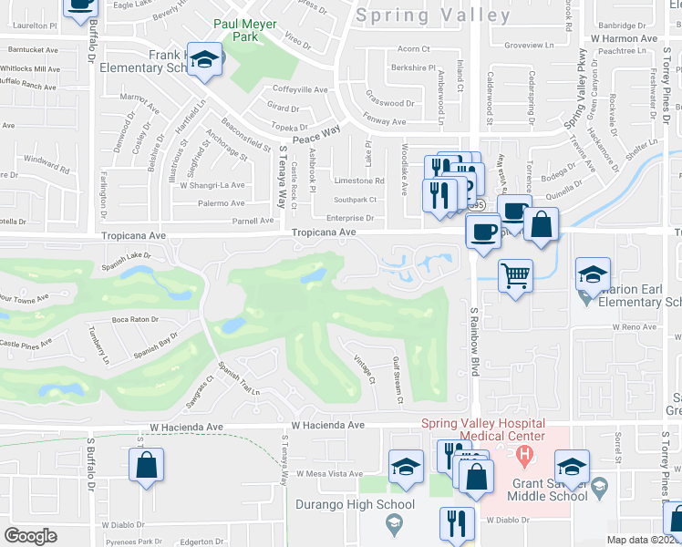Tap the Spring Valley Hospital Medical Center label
point(482,430)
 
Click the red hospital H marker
point(524,454)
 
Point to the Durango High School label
point(355,504)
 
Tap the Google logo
point(30,536)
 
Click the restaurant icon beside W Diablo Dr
point(455,523)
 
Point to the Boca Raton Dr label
point(135,320)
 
